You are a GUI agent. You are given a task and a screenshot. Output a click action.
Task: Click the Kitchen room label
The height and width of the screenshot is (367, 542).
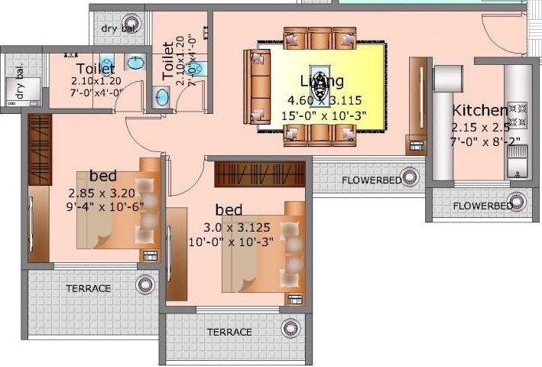(479, 110)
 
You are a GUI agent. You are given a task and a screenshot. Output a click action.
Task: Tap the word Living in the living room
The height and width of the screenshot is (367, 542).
(321, 81)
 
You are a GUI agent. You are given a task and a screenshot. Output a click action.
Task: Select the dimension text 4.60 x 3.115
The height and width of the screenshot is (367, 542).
(323, 99)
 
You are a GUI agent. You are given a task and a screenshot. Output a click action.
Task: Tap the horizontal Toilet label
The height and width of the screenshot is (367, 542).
(96, 69)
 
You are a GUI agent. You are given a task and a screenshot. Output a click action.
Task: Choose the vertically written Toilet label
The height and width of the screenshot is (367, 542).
(168, 60)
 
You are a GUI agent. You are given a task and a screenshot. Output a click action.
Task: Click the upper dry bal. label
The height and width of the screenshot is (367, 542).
(118, 29)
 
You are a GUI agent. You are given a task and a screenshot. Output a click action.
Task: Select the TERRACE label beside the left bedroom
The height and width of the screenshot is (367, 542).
(88, 289)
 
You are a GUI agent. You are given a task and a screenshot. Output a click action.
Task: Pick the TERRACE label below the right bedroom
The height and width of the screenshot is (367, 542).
(229, 332)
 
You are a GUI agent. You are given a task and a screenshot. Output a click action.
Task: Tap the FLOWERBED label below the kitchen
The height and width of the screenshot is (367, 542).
(482, 206)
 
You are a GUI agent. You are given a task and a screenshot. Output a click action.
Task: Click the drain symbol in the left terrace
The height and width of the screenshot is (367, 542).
(144, 286)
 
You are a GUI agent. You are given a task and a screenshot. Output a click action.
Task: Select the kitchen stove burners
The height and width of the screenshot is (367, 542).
(518, 115)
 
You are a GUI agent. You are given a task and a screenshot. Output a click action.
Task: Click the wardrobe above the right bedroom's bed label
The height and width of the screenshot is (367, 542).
(259, 174)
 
